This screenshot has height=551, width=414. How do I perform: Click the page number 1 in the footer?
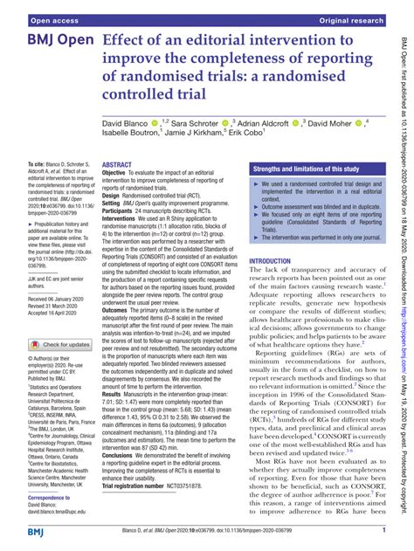click(383, 531)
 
